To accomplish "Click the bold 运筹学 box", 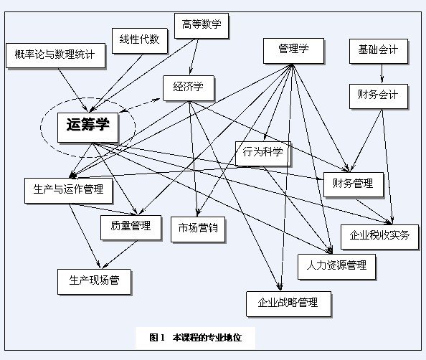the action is pos(87,128).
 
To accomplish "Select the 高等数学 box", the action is pos(202,26).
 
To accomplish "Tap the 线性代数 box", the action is pos(140,41).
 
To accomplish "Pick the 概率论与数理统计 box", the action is pos(55,55).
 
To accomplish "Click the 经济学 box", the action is pos(189,88).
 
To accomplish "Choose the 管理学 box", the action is pos(294,51).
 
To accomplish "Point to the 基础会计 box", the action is pos(379,51).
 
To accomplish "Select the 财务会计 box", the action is pos(379,96).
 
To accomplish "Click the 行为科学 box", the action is pos(263,153).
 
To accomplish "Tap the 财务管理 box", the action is pos(354,184).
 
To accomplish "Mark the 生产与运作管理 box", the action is pos(68,191).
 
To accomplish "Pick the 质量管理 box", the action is pos(131,227).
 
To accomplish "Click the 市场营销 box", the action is pos(198,229).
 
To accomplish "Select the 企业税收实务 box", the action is pos(379,237).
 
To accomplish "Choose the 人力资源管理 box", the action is pos(336,267).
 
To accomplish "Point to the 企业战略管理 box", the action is pos(288,304).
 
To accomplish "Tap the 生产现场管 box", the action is pos(94,282).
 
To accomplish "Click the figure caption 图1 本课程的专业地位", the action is pos(195,338).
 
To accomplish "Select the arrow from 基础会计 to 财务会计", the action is pos(382,73).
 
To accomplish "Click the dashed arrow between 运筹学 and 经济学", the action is pos(140,105).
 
